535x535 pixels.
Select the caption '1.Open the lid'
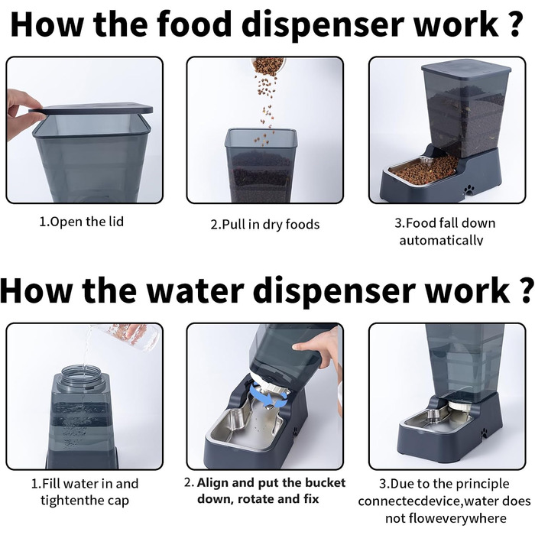[82, 222]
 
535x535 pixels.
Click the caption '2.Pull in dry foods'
[265, 225]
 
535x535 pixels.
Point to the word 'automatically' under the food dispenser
[441, 240]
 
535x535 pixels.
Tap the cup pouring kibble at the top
[268, 66]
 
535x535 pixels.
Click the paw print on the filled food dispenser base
[470, 189]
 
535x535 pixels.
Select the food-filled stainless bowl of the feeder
[423, 170]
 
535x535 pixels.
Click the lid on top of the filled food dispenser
[466, 70]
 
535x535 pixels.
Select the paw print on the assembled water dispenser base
[484, 434]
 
